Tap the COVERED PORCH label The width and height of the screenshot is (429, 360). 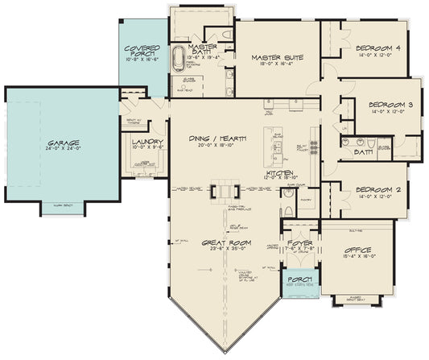pyautogui.click(x=142, y=51)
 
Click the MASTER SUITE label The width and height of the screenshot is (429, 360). pyautogui.click(x=276, y=57)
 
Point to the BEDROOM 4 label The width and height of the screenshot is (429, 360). pyautogui.click(x=377, y=48)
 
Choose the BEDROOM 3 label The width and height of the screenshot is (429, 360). pyautogui.click(x=390, y=105)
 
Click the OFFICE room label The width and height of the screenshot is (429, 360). pyautogui.click(x=355, y=250)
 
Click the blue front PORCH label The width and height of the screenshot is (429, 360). pyautogui.click(x=299, y=281)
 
